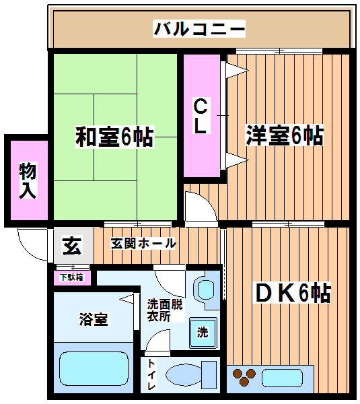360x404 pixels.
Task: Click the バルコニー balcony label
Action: coord(199,28)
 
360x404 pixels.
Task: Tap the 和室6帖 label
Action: coord(114,137)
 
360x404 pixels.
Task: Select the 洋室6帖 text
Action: coord(285,135)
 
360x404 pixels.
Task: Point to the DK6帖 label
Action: coord(293,293)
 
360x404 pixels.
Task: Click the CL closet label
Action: coord(201,115)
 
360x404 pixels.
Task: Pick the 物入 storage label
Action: coord(28,180)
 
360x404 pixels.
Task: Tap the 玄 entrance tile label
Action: coord(73,246)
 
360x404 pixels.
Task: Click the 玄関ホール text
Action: coord(143,244)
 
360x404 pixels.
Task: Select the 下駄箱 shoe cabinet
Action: coord(72,278)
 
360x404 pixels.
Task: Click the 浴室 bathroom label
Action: coord(94,319)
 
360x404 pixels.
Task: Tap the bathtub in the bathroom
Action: coord(94,369)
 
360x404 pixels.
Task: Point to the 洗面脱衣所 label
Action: coord(165,310)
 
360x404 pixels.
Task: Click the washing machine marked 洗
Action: coord(203,333)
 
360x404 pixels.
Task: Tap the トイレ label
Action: coord(151,375)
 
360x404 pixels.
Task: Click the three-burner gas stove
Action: coord(244,376)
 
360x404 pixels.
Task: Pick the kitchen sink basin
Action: coord(282,378)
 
